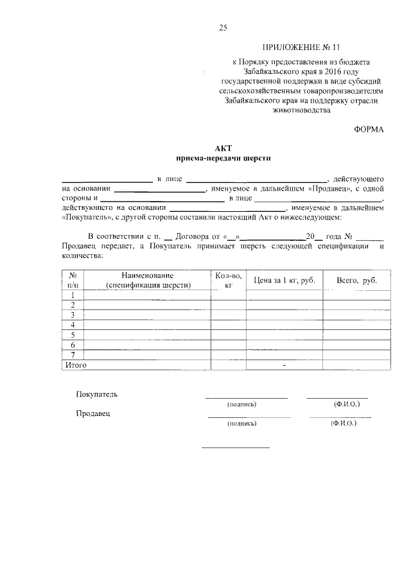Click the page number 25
point(223,27)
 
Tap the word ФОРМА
point(369,129)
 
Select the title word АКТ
point(223,148)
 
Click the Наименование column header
point(148,275)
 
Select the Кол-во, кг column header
point(228,279)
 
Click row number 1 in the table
point(73,295)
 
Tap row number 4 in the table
point(73,325)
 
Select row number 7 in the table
point(73,354)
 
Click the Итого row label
point(74,365)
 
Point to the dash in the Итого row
point(283,365)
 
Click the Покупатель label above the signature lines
point(96,394)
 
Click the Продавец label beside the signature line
point(93,413)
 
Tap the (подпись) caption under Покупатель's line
point(241,404)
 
